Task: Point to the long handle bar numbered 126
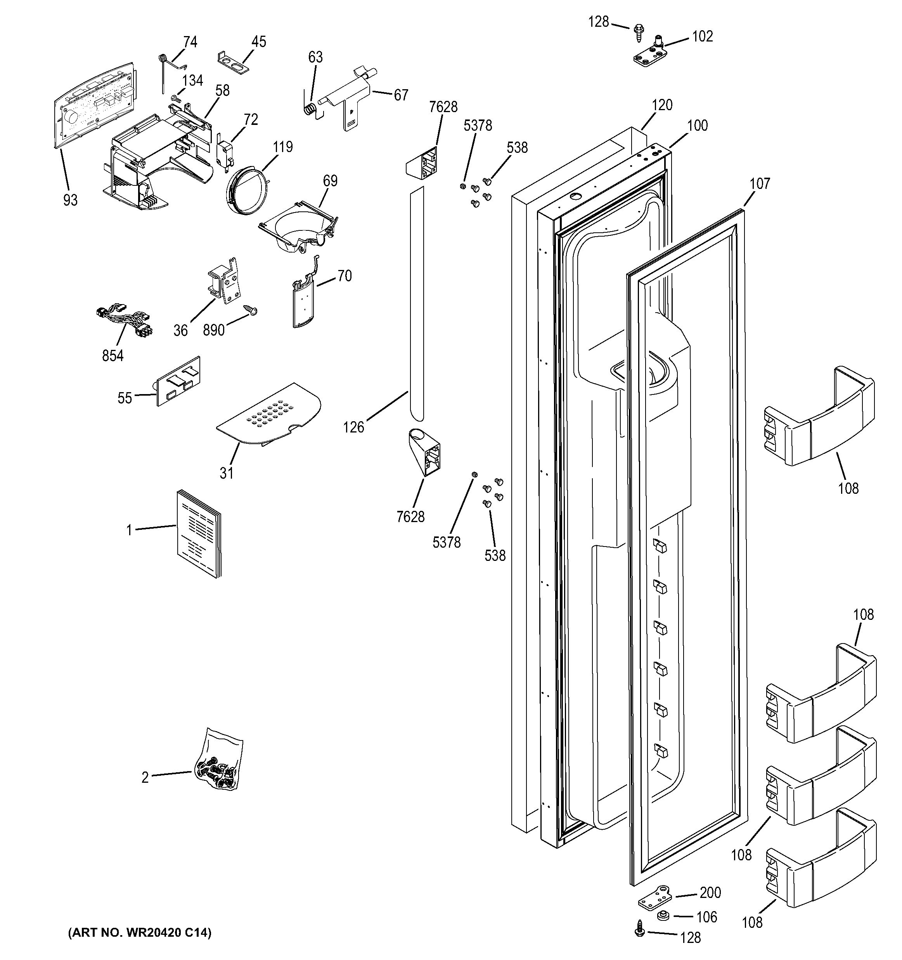pos(417,304)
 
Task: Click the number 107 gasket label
pos(760,183)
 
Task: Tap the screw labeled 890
pos(251,310)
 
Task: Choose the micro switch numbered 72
pos(223,152)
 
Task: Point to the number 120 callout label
pos(661,105)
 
